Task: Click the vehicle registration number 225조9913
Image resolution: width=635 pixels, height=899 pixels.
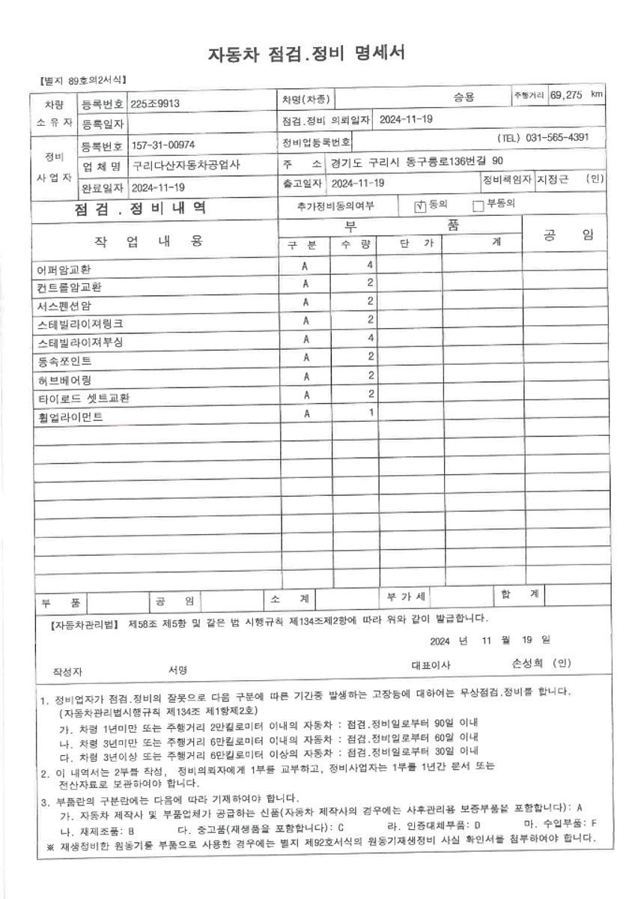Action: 155,104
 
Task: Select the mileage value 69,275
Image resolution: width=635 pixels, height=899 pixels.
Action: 566,95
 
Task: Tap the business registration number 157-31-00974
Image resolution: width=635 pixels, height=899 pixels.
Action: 163,144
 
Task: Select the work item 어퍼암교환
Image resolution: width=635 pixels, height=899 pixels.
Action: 65,268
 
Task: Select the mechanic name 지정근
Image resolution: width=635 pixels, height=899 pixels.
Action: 553,180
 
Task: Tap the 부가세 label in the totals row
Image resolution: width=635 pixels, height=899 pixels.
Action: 406,597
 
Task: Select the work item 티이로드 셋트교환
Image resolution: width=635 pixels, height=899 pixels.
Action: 82,398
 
